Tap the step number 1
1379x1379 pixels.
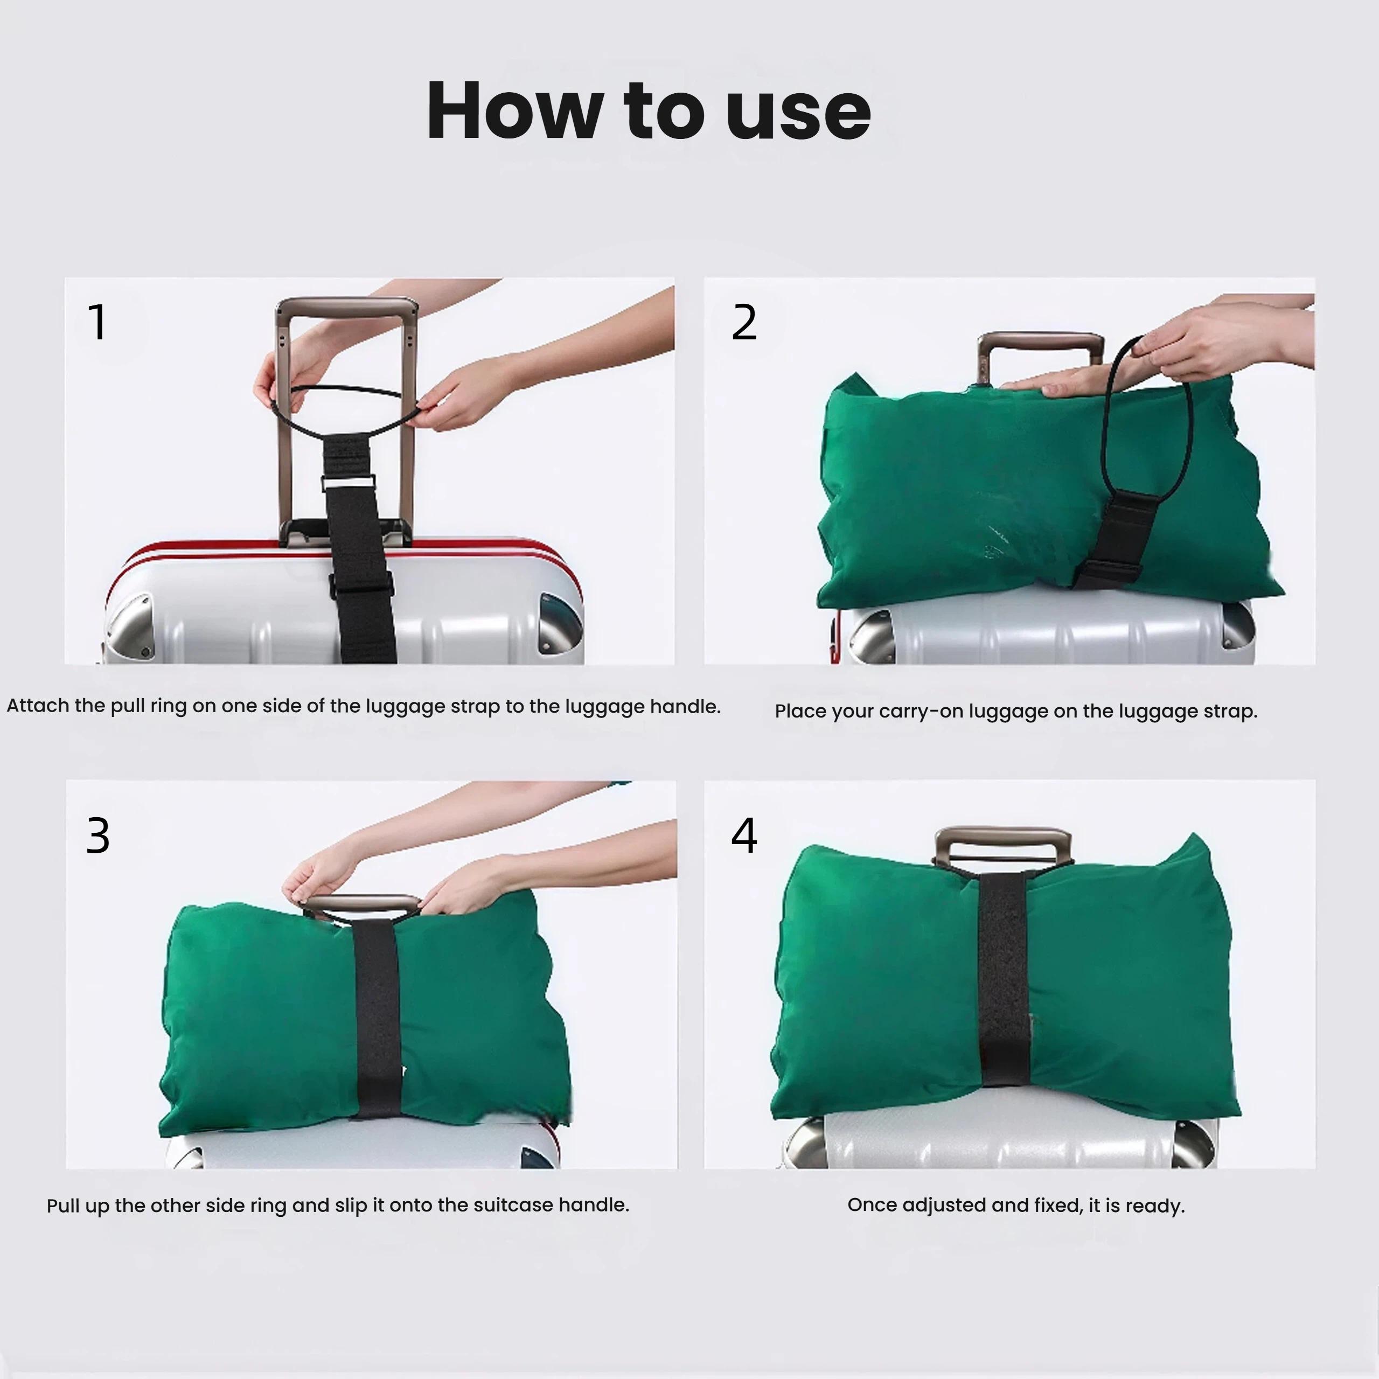[x=98, y=323]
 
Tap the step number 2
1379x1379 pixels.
[x=744, y=323]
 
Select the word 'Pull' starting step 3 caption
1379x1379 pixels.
[x=62, y=1206]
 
